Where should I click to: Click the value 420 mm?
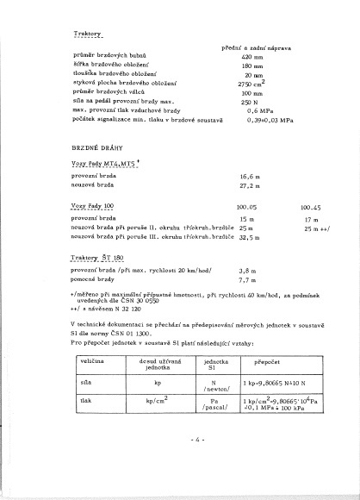(252, 56)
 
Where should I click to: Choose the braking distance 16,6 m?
(251, 175)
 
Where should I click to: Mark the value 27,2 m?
(251, 184)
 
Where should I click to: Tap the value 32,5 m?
(249, 235)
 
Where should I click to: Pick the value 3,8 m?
(248, 271)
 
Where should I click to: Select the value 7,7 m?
(248, 280)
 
